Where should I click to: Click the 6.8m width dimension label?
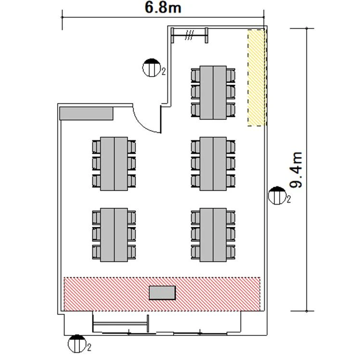click(x=163, y=7)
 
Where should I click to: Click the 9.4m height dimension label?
click(x=296, y=170)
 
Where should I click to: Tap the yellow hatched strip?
click(x=256, y=78)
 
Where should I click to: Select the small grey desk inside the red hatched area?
click(x=162, y=293)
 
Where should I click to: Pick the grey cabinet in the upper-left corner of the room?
click(x=86, y=114)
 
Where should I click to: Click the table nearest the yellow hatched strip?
click(x=213, y=92)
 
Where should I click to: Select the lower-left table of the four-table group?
click(x=114, y=235)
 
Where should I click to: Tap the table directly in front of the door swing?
click(x=114, y=164)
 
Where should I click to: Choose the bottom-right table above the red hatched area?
click(x=213, y=235)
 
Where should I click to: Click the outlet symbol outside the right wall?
click(x=277, y=195)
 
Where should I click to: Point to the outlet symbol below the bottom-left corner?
click(x=77, y=344)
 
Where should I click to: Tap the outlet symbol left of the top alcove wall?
click(x=151, y=68)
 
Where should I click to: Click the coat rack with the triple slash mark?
click(x=190, y=35)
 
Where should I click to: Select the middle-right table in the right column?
click(x=213, y=164)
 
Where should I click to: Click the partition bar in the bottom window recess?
click(x=120, y=324)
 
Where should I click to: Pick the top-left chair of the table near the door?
click(x=96, y=147)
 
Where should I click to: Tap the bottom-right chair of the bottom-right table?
click(x=231, y=252)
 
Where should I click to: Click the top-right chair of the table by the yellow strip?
click(x=231, y=76)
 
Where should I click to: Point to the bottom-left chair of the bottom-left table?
click(x=96, y=252)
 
